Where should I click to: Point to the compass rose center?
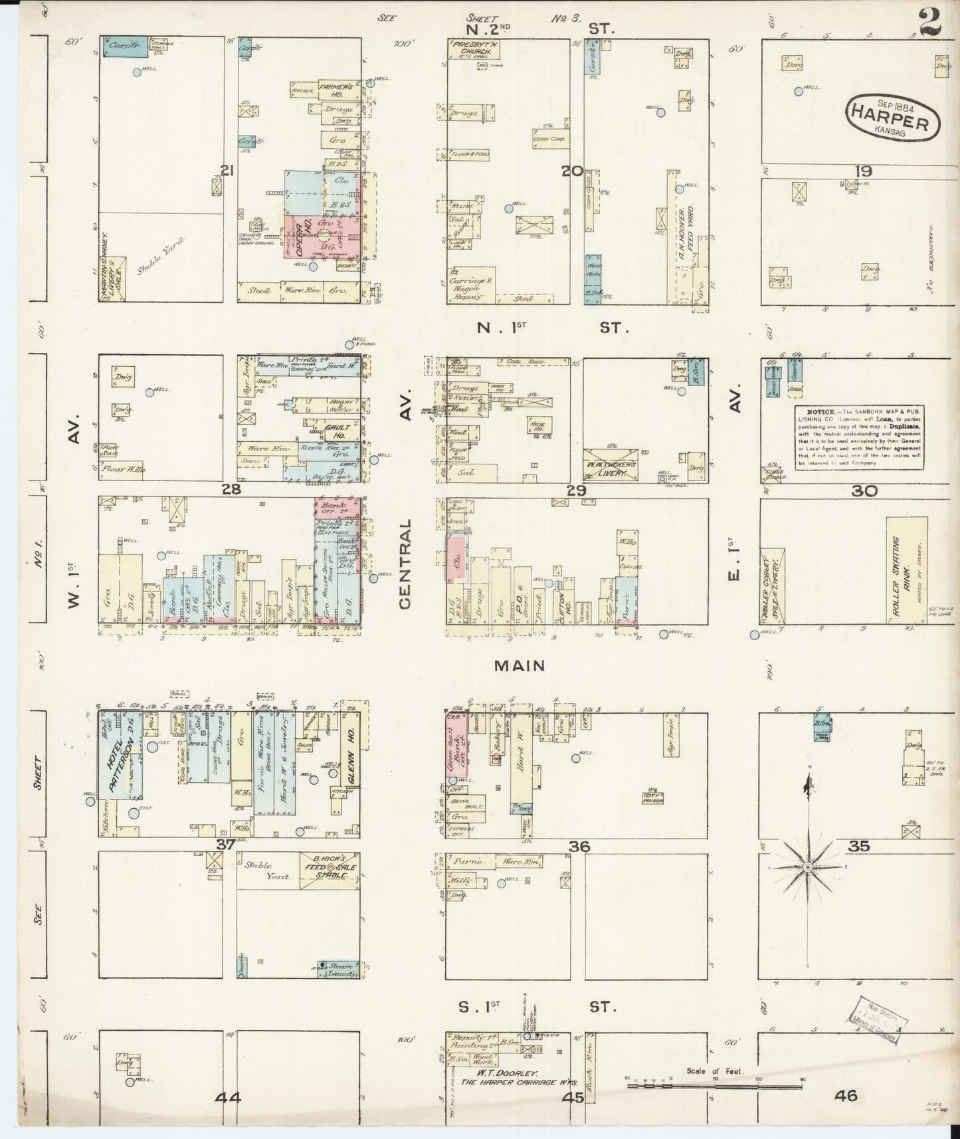click(807, 867)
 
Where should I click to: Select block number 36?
click(579, 846)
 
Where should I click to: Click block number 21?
click(228, 171)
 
